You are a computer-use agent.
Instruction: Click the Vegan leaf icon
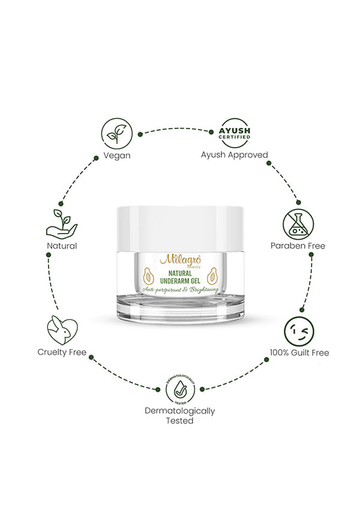[x=116, y=134]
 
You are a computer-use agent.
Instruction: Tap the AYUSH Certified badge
[x=235, y=133]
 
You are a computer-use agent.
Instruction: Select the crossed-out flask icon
[x=298, y=225]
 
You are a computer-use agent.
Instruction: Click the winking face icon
[x=299, y=331]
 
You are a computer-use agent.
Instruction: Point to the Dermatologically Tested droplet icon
[x=181, y=390]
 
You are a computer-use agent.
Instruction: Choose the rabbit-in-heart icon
[x=62, y=330]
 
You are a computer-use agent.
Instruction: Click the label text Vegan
[x=117, y=156]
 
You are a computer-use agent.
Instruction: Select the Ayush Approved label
[x=235, y=155]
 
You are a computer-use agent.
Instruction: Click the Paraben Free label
[x=298, y=246]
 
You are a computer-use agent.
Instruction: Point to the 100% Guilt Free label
[x=299, y=352]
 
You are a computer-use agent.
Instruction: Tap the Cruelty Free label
[x=62, y=352]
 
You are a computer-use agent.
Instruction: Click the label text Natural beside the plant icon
[x=62, y=246]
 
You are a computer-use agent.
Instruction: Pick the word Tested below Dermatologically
[x=179, y=421]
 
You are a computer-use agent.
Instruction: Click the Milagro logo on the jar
[x=181, y=260]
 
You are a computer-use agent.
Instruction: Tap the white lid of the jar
[x=180, y=229]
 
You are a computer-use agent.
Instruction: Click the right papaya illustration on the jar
[x=212, y=276]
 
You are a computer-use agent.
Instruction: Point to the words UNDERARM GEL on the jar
[x=181, y=281]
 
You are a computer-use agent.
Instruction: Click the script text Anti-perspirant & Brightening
[x=181, y=290]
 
